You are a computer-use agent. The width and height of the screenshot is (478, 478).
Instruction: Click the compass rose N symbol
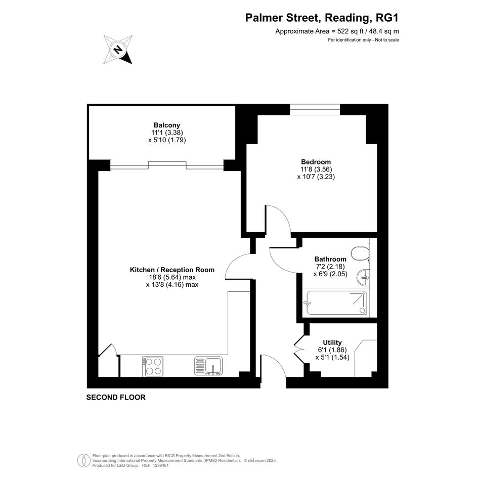pyautogui.click(x=118, y=50)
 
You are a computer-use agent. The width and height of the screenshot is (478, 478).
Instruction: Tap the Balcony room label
pyautogui.click(x=167, y=125)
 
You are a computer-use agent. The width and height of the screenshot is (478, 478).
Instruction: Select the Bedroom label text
pyautogui.click(x=316, y=162)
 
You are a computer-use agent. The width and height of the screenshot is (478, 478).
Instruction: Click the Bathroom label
pyautogui.click(x=330, y=259)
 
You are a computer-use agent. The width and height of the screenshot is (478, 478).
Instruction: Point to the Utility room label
pyautogui.click(x=332, y=342)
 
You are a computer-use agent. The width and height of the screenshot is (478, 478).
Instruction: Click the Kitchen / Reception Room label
pyautogui.click(x=172, y=270)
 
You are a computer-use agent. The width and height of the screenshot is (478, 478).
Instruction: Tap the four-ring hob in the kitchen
pyautogui.click(x=153, y=366)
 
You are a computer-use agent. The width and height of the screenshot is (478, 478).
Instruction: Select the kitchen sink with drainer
pyautogui.click(x=208, y=366)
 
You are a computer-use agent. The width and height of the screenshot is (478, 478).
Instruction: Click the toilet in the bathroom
pyautogui.click(x=360, y=253)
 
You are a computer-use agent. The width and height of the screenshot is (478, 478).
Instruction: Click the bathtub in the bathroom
pyautogui.click(x=336, y=302)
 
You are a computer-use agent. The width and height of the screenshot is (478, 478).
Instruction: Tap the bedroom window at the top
pyautogui.click(x=315, y=110)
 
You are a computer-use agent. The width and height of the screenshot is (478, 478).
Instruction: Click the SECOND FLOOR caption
pyautogui.click(x=116, y=398)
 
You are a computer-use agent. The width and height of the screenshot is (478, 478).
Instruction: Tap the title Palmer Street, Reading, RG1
pyautogui.click(x=322, y=18)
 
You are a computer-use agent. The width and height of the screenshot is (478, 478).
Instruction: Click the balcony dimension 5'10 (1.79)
pyautogui.click(x=167, y=140)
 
